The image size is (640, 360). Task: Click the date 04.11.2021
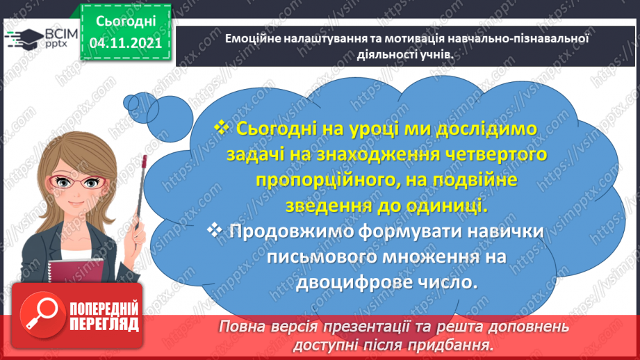tap(125, 43)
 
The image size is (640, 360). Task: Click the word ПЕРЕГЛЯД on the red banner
tap(104, 324)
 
